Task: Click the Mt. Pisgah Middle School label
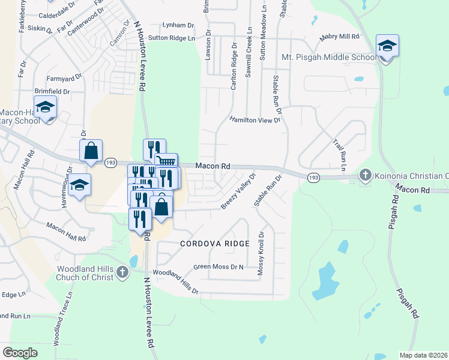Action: (329, 58)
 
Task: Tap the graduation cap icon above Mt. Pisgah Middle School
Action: (387, 46)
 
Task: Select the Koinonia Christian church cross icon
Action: (365, 175)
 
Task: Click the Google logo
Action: (20, 352)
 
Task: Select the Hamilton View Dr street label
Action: (255, 120)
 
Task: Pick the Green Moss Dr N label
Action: (219, 266)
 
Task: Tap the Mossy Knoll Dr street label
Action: (261, 254)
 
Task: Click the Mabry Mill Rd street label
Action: (339, 37)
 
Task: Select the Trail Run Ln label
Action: (340, 151)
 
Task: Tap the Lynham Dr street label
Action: (179, 25)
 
